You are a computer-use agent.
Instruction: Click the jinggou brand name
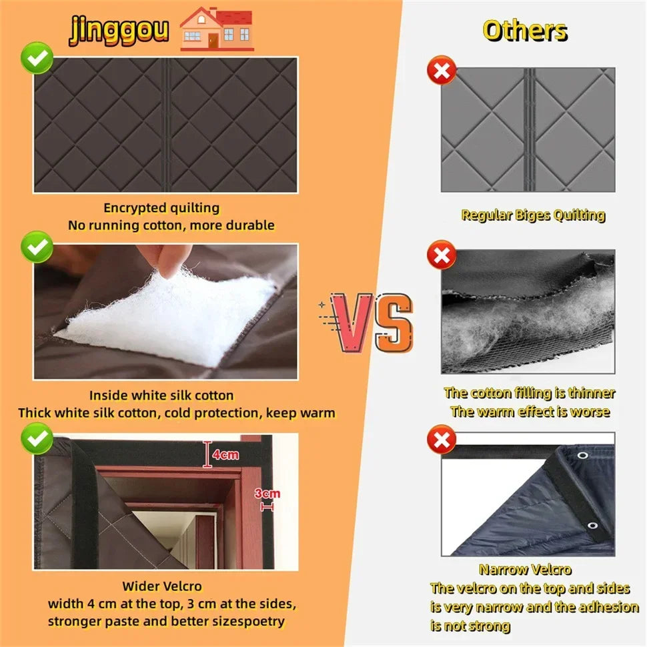coord(119,30)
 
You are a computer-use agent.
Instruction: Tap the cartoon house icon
coord(216,29)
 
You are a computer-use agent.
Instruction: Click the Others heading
coord(525,31)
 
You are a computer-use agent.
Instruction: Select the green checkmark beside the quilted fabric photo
coord(37,58)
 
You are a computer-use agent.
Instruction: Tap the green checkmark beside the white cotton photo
coord(37,247)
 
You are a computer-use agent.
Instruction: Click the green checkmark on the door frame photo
coord(37,438)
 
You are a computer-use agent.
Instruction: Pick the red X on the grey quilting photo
coord(442,70)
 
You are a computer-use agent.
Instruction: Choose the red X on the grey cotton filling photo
coord(442,255)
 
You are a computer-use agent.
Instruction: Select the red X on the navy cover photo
coord(442,439)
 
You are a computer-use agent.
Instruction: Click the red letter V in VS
coord(352,323)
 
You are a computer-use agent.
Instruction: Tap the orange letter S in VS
coord(394,323)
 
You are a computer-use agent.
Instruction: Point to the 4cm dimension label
coord(225,455)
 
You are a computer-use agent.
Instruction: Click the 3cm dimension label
coord(267,494)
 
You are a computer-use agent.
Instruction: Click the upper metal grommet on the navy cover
coord(582,455)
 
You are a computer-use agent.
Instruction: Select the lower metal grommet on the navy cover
coord(592,526)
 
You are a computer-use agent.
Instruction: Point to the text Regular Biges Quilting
coord(533,215)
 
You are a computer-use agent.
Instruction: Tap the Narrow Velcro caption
coord(525,570)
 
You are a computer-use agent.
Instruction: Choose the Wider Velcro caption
coord(161,586)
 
